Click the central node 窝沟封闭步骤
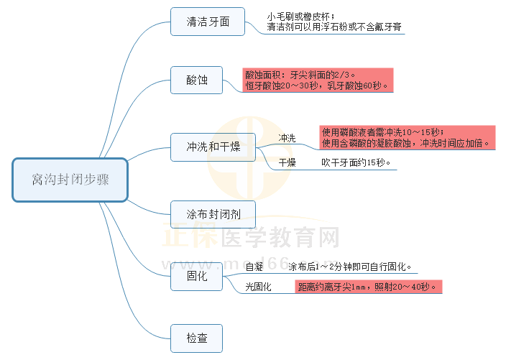tap(70, 180)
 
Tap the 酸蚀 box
tap(197, 80)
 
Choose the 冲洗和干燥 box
tap(213, 147)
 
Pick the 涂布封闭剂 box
tap(213, 214)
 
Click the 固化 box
tap(197, 276)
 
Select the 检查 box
tap(197, 338)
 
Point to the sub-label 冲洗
tap(287, 138)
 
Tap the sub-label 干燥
tap(287, 163)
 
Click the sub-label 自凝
tap(254, 267)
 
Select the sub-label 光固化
tap(258, 287)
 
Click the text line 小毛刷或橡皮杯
tap(300, 16)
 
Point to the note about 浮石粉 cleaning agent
tap(333, 27)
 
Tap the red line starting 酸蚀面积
tap(300, 74)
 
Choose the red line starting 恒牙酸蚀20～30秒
tap(316, 86)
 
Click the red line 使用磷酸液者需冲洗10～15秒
tap(383, 131)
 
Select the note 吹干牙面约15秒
tap(356, 162)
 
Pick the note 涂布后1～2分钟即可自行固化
tap(350, 267)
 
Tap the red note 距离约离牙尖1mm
tap(367, 287)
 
